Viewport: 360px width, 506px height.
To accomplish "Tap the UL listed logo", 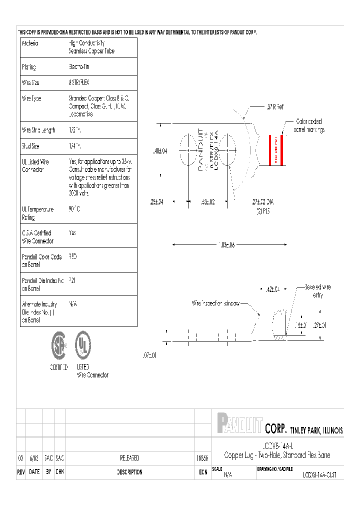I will [83, 345].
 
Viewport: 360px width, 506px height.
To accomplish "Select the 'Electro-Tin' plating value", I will [79, 67].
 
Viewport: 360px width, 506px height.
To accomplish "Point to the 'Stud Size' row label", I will [31, 146].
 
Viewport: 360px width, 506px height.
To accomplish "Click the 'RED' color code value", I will [73, 256].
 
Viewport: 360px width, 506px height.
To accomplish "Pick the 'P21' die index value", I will [72, 280].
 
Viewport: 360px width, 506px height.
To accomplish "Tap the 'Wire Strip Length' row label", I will [38, 130].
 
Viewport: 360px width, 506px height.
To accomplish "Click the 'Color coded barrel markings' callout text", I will [310, 125].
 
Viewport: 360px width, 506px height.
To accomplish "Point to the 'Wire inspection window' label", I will [216, 303].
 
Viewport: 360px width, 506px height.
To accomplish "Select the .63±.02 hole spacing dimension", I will [207, 202].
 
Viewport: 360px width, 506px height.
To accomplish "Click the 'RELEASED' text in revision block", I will [129, 458].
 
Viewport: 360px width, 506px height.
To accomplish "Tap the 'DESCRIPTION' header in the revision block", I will [129, 472].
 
